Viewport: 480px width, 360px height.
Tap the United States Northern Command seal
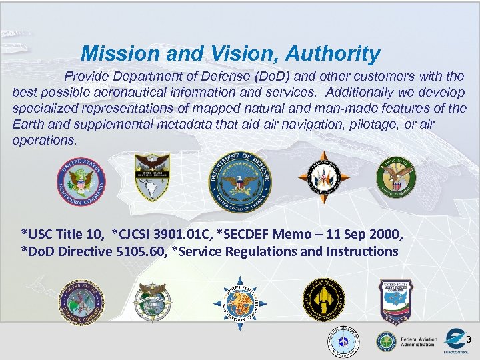[81, 181]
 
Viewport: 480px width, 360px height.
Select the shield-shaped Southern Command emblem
[153, 177]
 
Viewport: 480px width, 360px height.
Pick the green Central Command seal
[395, 177]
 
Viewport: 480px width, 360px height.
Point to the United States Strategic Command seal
[81, 301]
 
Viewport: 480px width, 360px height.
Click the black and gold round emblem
[324, 299]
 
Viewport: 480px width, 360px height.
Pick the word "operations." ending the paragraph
[45, 141]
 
